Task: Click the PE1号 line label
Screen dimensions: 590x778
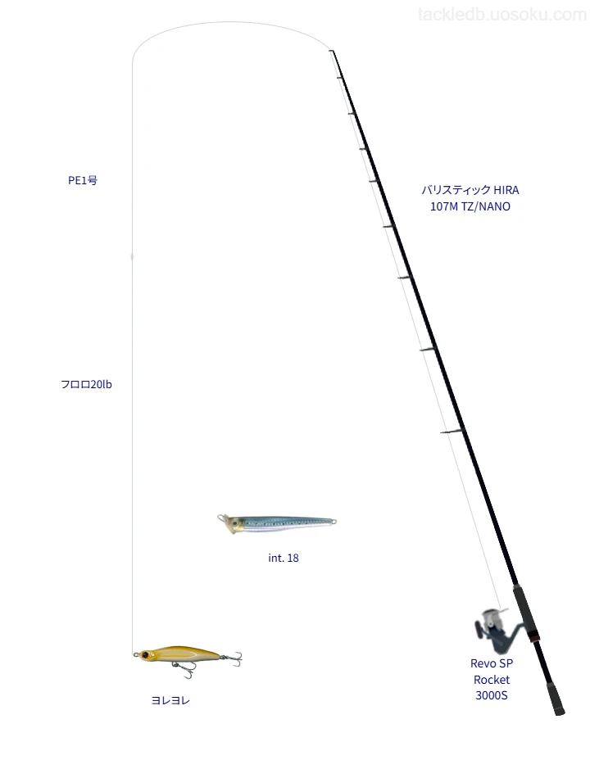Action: pyautogui.click(x=83, y=180)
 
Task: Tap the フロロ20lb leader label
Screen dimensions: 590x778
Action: pyautogui.click(x=86, y=385)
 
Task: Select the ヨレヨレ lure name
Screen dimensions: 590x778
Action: pyautogui.click(x=170, y=700)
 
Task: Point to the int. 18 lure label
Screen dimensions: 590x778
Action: pyautogui.click(x=284, y=559)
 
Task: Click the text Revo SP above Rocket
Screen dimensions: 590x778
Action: pyautogui.click(x=492, y=663)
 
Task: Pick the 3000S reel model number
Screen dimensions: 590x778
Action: pyautogui.click(x=492, y=695)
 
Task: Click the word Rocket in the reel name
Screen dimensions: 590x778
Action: pyautogui.click(x=492, y=680)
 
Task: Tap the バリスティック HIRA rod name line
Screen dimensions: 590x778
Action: pyautogui.click(x=470, y=190)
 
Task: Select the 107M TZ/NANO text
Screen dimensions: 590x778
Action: pyautogui.click(x=470, y=206)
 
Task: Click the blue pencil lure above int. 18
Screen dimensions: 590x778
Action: pyautogui.click(x=277, y=523)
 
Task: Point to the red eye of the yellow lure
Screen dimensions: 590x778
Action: pyautogui.click(x=145, y=655)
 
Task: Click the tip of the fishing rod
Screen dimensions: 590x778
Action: pyautogui.click(x=331, y=51)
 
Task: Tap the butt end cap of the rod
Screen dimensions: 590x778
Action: pyautogui.click(x=560, y=712)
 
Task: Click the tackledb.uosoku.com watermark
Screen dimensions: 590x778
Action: pyautogui.click(x=502, y=15)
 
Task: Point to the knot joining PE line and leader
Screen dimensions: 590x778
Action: pyautogui.click(x=132, y=256)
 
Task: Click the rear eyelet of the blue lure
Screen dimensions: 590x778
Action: pyautogui.click(x=334, y=521)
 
